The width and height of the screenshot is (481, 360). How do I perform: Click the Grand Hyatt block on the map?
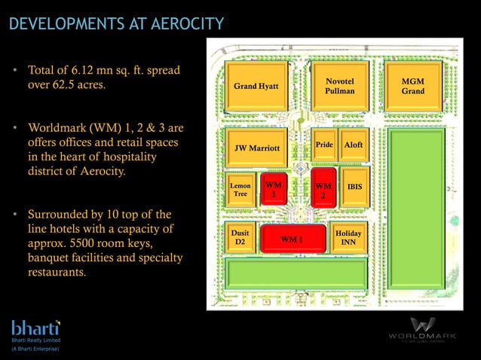(256, 86)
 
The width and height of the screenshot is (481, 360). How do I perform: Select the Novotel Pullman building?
(339, 85)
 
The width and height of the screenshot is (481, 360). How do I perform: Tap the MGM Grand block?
(412, 85)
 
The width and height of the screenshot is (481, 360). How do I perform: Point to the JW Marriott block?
(256, 147)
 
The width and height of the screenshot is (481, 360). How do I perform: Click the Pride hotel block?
(324, 145)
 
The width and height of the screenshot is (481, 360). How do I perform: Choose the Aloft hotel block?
(353, 145)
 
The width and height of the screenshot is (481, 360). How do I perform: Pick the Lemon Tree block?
(240, 190)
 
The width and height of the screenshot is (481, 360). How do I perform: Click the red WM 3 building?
(274, 190)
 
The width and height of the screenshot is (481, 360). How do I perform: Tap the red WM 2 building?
(323, 188)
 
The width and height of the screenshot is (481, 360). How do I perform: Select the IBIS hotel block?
(354, 188)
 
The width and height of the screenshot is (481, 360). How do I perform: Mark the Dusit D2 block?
(240, 238)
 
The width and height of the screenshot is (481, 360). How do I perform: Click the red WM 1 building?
(292, 239)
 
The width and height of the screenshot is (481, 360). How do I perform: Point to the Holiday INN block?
(348, 238)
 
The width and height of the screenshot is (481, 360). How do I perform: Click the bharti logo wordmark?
(35, 328)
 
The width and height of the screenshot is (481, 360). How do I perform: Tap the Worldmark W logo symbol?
(422, 324)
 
